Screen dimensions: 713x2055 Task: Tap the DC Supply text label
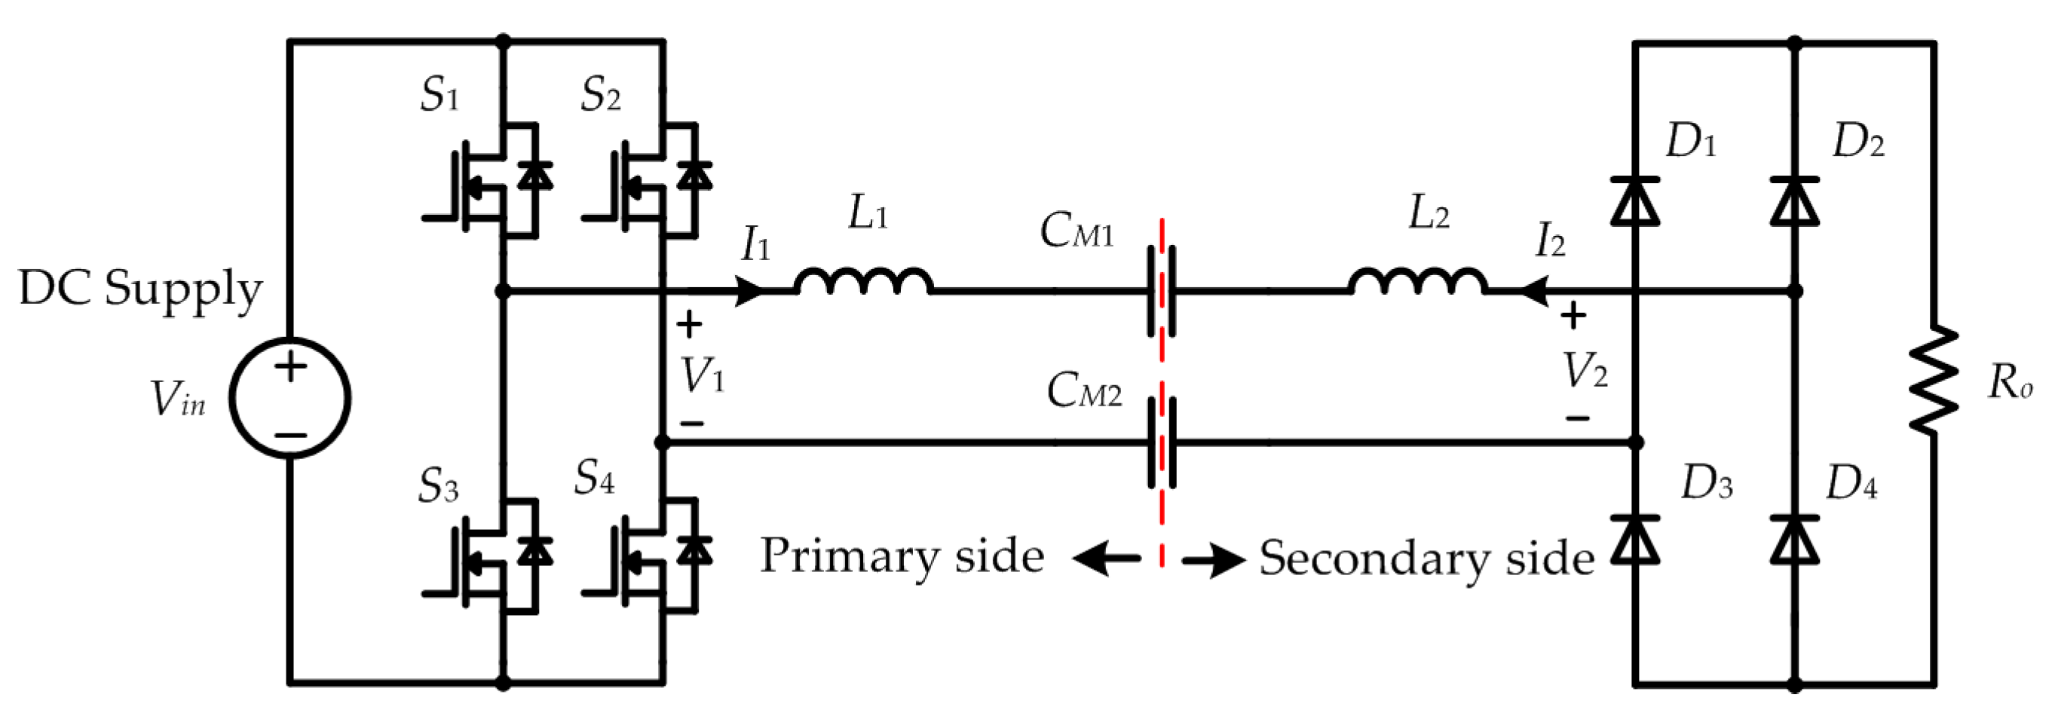pos(140,289)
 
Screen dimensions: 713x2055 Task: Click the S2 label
pos(601,96)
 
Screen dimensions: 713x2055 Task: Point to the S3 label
pos(439,485)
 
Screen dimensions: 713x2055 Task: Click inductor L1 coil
pos(863,280)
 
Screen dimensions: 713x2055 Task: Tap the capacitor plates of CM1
pos(1162,292)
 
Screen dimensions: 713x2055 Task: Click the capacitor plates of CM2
pos(1162,442)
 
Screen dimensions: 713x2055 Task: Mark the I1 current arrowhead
pos(750,292)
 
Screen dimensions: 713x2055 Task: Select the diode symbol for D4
pos(1794,540)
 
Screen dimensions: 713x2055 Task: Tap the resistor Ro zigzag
pos(1932,380)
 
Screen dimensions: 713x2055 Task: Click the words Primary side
pos(902,557)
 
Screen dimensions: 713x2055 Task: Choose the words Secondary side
pos(1426,558)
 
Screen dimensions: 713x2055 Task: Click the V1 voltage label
pos(703,375)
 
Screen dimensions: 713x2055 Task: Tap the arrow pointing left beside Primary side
pos(1106,558)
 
